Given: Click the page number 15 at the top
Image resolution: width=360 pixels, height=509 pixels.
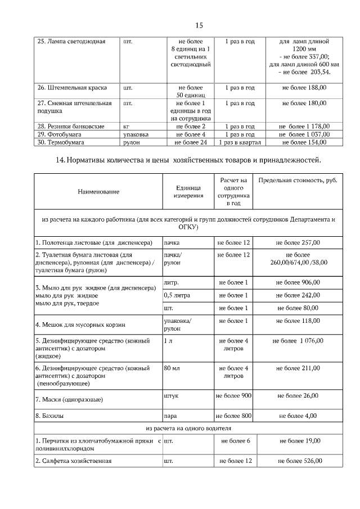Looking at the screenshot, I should pyautogui.click(x=199, y=25).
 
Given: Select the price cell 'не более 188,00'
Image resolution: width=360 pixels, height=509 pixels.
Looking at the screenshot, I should pyautogui.click(x=304, y=88).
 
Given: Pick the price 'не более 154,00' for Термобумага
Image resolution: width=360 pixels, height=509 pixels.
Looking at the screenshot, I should pyautogui.click(x=304, y=142).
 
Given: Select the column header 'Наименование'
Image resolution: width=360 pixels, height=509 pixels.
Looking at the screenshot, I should pyautogui.click(x=99, y=192).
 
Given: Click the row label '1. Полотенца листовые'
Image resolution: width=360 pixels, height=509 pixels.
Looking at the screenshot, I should pyautogui.click(x=94, y=242).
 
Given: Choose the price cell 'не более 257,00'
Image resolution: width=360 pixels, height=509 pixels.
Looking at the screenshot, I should pyautogui.click(x=298, y=242).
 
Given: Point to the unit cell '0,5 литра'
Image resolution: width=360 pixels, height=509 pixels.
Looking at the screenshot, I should pyautogui.click(x=177, y=295).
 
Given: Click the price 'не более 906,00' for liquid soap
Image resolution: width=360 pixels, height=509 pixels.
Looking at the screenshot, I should pyautogui.click(x=298, y=282).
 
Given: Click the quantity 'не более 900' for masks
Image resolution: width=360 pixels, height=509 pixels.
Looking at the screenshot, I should pyautogui.click(x=233, y=396).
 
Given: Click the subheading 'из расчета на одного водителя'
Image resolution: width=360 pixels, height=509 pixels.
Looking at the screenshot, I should pyautogui.click(x=188, y=429).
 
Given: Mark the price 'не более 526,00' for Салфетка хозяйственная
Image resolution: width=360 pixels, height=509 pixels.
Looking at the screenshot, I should pyautogui.click(x=300, y=461).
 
